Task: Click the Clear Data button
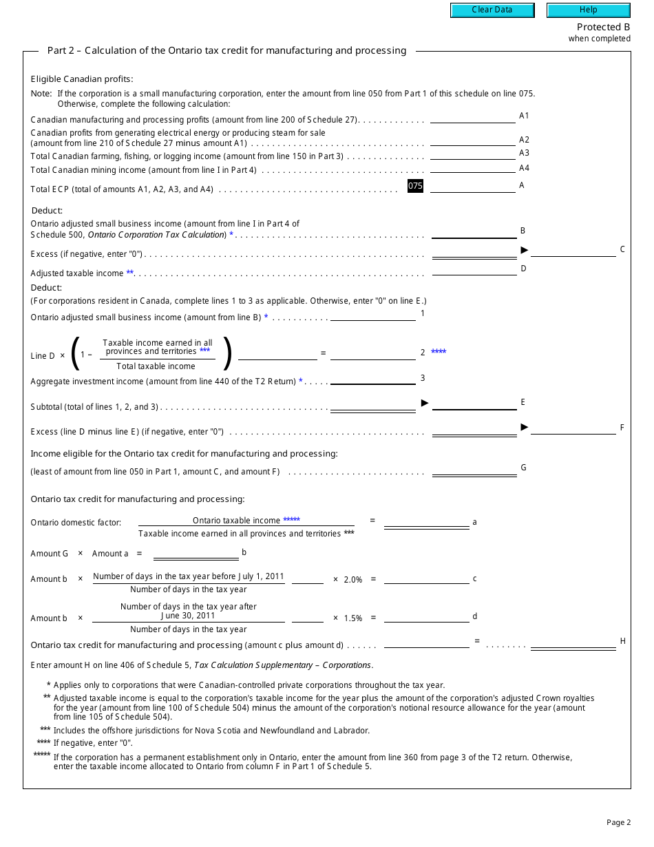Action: click(492, 10)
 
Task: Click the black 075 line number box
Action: click(415, 186)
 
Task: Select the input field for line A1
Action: click(472, 117)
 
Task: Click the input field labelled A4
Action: click(472, 167)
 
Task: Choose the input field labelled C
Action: click(573, 251)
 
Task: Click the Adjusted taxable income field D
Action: click(474, 269)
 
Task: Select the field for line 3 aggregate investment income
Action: click(372, 378)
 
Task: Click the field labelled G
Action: click(474, 469)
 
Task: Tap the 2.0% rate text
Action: click(352, 580)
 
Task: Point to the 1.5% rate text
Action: click(352, 618)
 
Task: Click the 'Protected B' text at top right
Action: click(603, 28)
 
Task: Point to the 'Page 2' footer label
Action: click(618, 822)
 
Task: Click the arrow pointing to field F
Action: click(525, 427)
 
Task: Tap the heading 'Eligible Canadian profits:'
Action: click(82, 79)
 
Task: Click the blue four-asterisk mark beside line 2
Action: click(439, 353)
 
